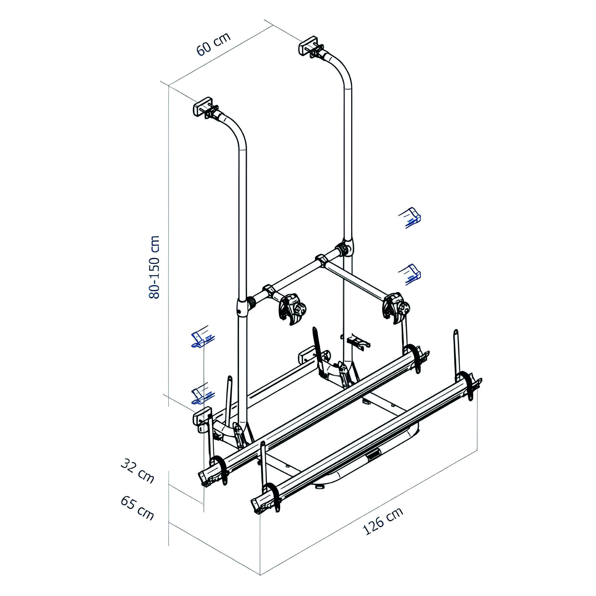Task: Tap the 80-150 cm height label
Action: [x=154, y=267]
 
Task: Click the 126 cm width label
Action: [x=383, y=521]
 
